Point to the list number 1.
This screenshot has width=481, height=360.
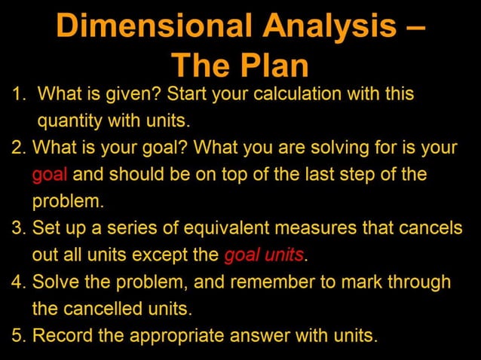point(18,96)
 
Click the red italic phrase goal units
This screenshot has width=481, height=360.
point(264,255)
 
